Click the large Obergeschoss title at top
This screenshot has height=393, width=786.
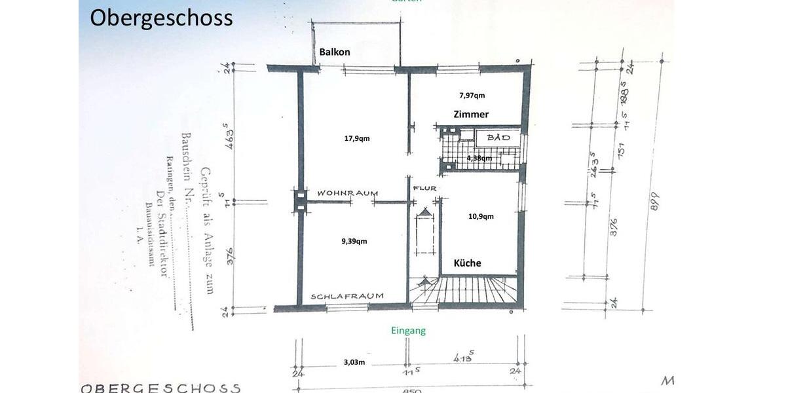[161, 18]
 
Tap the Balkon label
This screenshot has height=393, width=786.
[334, 52]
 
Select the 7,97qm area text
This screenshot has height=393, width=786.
[472, 96]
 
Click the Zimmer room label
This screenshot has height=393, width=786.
[471, 114]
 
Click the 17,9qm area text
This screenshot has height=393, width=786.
[356, 138]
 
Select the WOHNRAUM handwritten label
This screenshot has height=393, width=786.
[348, 193]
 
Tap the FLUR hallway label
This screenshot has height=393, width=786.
[424, 189]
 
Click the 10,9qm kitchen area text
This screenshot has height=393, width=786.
[481, 216]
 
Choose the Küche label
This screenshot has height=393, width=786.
[468, 263]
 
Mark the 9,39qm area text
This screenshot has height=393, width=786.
[354, 241]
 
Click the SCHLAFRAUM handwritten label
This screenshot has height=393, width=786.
[347, 296]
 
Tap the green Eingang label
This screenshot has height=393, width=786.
[408, 331]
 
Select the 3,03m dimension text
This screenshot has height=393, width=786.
[354, 361]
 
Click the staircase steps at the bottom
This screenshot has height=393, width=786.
[465, 290]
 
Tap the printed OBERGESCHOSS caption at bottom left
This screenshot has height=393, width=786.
[160, 388]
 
